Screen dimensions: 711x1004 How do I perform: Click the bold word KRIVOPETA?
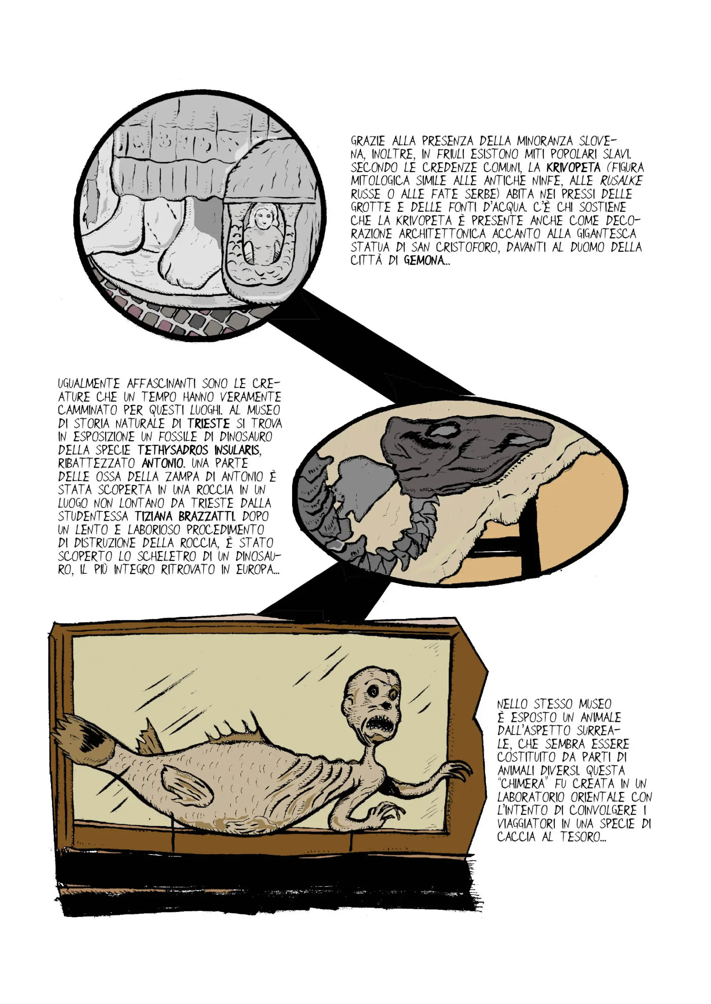tap(573, 167)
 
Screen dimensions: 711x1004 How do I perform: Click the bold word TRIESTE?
tap(209, 424)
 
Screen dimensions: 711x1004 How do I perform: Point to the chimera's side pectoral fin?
tap(186, 785)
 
